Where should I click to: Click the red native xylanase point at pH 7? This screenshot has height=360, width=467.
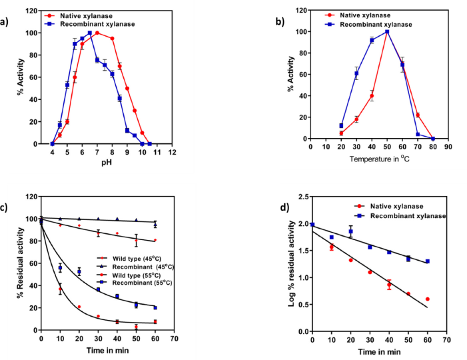[x=97, y=33]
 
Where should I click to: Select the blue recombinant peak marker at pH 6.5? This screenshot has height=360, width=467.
[x=90, y=33]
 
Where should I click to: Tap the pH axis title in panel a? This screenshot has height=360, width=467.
[x=107, y=163]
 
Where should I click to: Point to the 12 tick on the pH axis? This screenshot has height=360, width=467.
[x=172, y=152]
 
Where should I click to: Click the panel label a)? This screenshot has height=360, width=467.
[x=4, y=22]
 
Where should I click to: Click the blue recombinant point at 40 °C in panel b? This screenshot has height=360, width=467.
[x=372, y=40]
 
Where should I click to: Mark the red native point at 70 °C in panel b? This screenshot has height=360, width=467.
[x=418, y=115]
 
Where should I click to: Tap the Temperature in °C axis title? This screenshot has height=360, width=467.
[x=380, y=159]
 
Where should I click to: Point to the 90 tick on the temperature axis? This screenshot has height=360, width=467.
[x=448, y=147]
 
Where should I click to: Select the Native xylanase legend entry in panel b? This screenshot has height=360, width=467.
[x=357, y=15]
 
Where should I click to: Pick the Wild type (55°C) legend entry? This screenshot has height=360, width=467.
[x=129, y=275]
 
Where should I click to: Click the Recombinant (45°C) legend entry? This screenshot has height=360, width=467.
[x=135, y=267]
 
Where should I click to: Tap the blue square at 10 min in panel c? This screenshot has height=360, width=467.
[x=60, y=268]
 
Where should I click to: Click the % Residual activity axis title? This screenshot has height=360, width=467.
[x=20, y=263]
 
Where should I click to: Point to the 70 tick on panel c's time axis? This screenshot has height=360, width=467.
[x=175, y=339]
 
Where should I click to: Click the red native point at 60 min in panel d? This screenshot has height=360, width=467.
[x=428, y=299]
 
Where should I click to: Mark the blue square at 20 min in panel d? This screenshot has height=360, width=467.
[x=351, y=231]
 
